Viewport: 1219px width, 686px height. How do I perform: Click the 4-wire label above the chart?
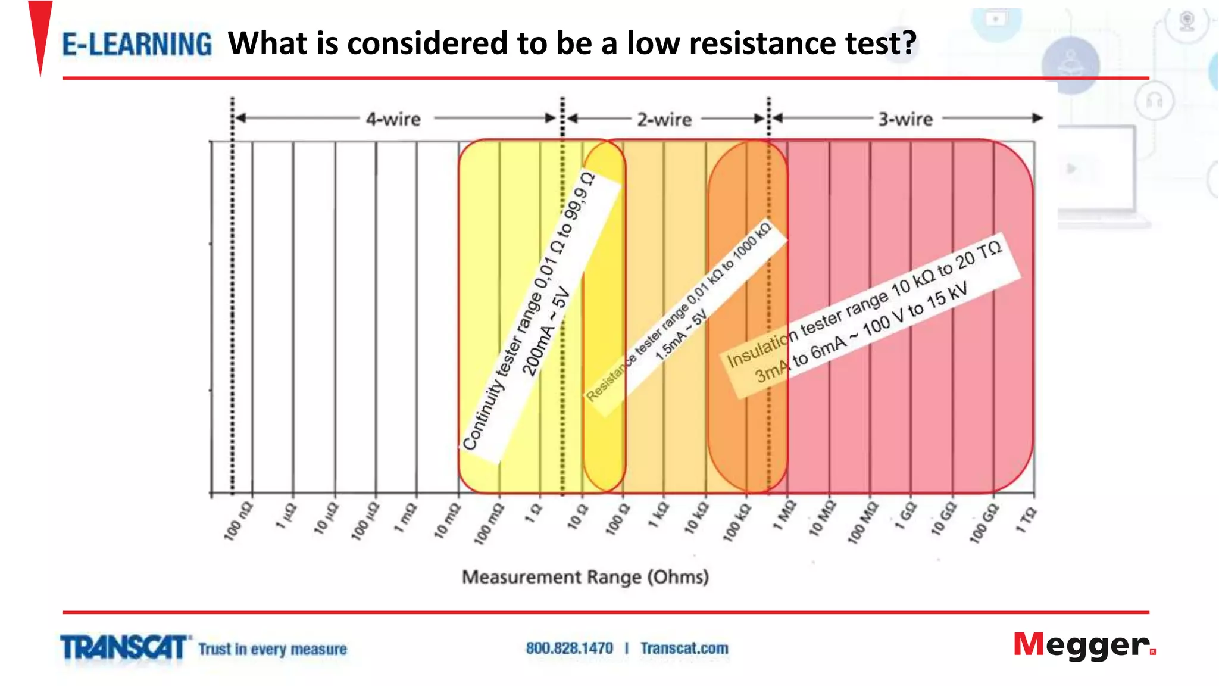[x=393, y=119]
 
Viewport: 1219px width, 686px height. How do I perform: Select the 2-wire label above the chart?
[x=664, y=119]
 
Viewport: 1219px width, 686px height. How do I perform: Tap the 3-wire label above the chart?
[x=905, y=119]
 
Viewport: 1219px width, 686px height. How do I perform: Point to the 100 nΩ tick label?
[x=238, y=522]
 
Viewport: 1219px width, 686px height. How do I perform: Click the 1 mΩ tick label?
[x=406, y=519]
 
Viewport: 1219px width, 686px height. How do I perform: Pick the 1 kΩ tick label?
[x=659, y=516]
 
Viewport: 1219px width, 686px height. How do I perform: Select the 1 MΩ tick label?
[x=784, y=516]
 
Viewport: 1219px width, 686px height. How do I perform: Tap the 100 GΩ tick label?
[x=983, y=523]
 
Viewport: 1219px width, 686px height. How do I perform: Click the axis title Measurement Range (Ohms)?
[x=585, y=577]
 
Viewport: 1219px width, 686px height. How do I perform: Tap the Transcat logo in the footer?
[x=124, y=648]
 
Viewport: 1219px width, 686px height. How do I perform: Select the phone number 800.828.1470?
[x=569, y=648]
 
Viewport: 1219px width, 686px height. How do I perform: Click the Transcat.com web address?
[x=684, y=648]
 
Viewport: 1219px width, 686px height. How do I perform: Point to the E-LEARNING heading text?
[x=137, y=44]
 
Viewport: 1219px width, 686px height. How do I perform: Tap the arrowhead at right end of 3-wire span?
[x=1037, y=118]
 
